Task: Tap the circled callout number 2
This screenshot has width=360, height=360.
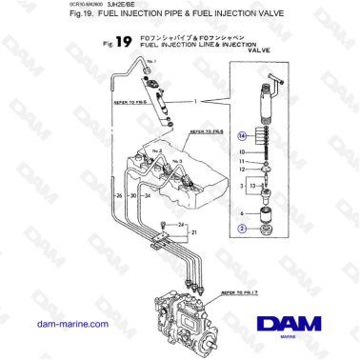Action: click(x=243, y=229)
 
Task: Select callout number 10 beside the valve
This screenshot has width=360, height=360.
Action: click(x=243, y=152)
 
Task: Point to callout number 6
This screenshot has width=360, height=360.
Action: click(x=243, y=212)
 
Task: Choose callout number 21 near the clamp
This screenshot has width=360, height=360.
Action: click(x=197, y=231)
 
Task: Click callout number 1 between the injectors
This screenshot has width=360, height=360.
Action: click(x=195, y=100)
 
